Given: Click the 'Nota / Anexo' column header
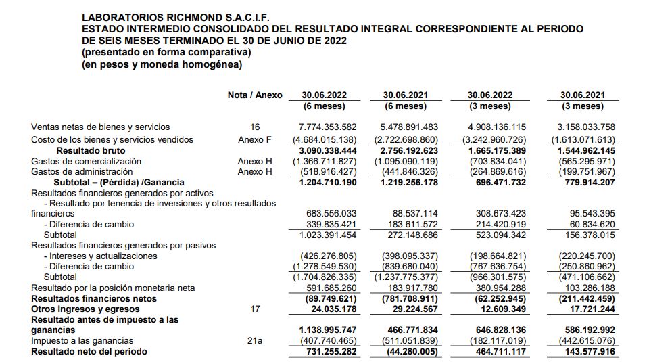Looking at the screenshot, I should coord(255,95).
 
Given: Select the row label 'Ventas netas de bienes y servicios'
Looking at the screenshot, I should coord(101,127).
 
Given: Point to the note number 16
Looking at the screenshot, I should coord(255,127).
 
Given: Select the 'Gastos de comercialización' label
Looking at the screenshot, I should coord(87,161).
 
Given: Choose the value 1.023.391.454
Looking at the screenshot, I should coord(327,235).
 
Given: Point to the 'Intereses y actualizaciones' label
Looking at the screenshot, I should coord(100,256).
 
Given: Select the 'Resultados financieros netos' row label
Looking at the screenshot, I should coord(94,298).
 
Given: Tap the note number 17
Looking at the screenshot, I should coord(255,309).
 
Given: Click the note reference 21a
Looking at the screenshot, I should coord(255,341).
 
